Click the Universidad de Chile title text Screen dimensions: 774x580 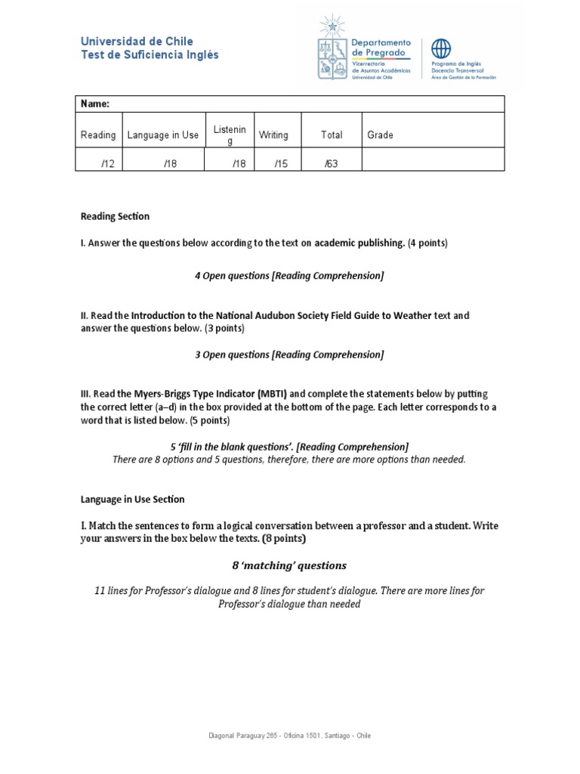pos(137,42)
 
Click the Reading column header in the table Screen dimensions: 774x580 pos(98,135)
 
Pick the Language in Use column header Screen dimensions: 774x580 pos(163,135)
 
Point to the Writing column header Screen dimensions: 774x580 pos(273,135)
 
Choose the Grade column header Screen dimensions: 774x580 pos(381,135)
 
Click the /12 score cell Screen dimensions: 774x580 pos(107,165)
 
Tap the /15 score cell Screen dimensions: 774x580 pos(281,165)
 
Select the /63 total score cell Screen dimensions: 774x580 pos(331,165)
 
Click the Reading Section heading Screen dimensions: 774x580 pos(115,216)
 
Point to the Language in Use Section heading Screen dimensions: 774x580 pos(132,499)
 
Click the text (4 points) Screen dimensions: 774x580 pos(427,243)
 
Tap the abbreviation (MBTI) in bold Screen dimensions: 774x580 pos(272,393)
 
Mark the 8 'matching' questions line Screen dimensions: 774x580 pos(289,565)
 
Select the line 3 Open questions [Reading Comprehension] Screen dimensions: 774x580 pos(289,354)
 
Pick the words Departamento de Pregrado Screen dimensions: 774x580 pos(382,48)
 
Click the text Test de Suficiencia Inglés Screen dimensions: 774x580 pos(150,55)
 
